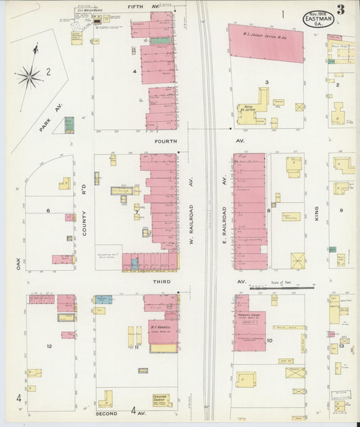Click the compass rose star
[x=29, y=77]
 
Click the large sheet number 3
[x=342, y=10]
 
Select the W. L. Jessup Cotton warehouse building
[x=266, y=43]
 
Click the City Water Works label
[x=89, y=11]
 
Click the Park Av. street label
[x=49, y=118]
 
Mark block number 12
[x=49, y=346]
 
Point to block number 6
[x=48, y=210]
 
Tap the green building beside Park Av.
[x=69, y=125]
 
